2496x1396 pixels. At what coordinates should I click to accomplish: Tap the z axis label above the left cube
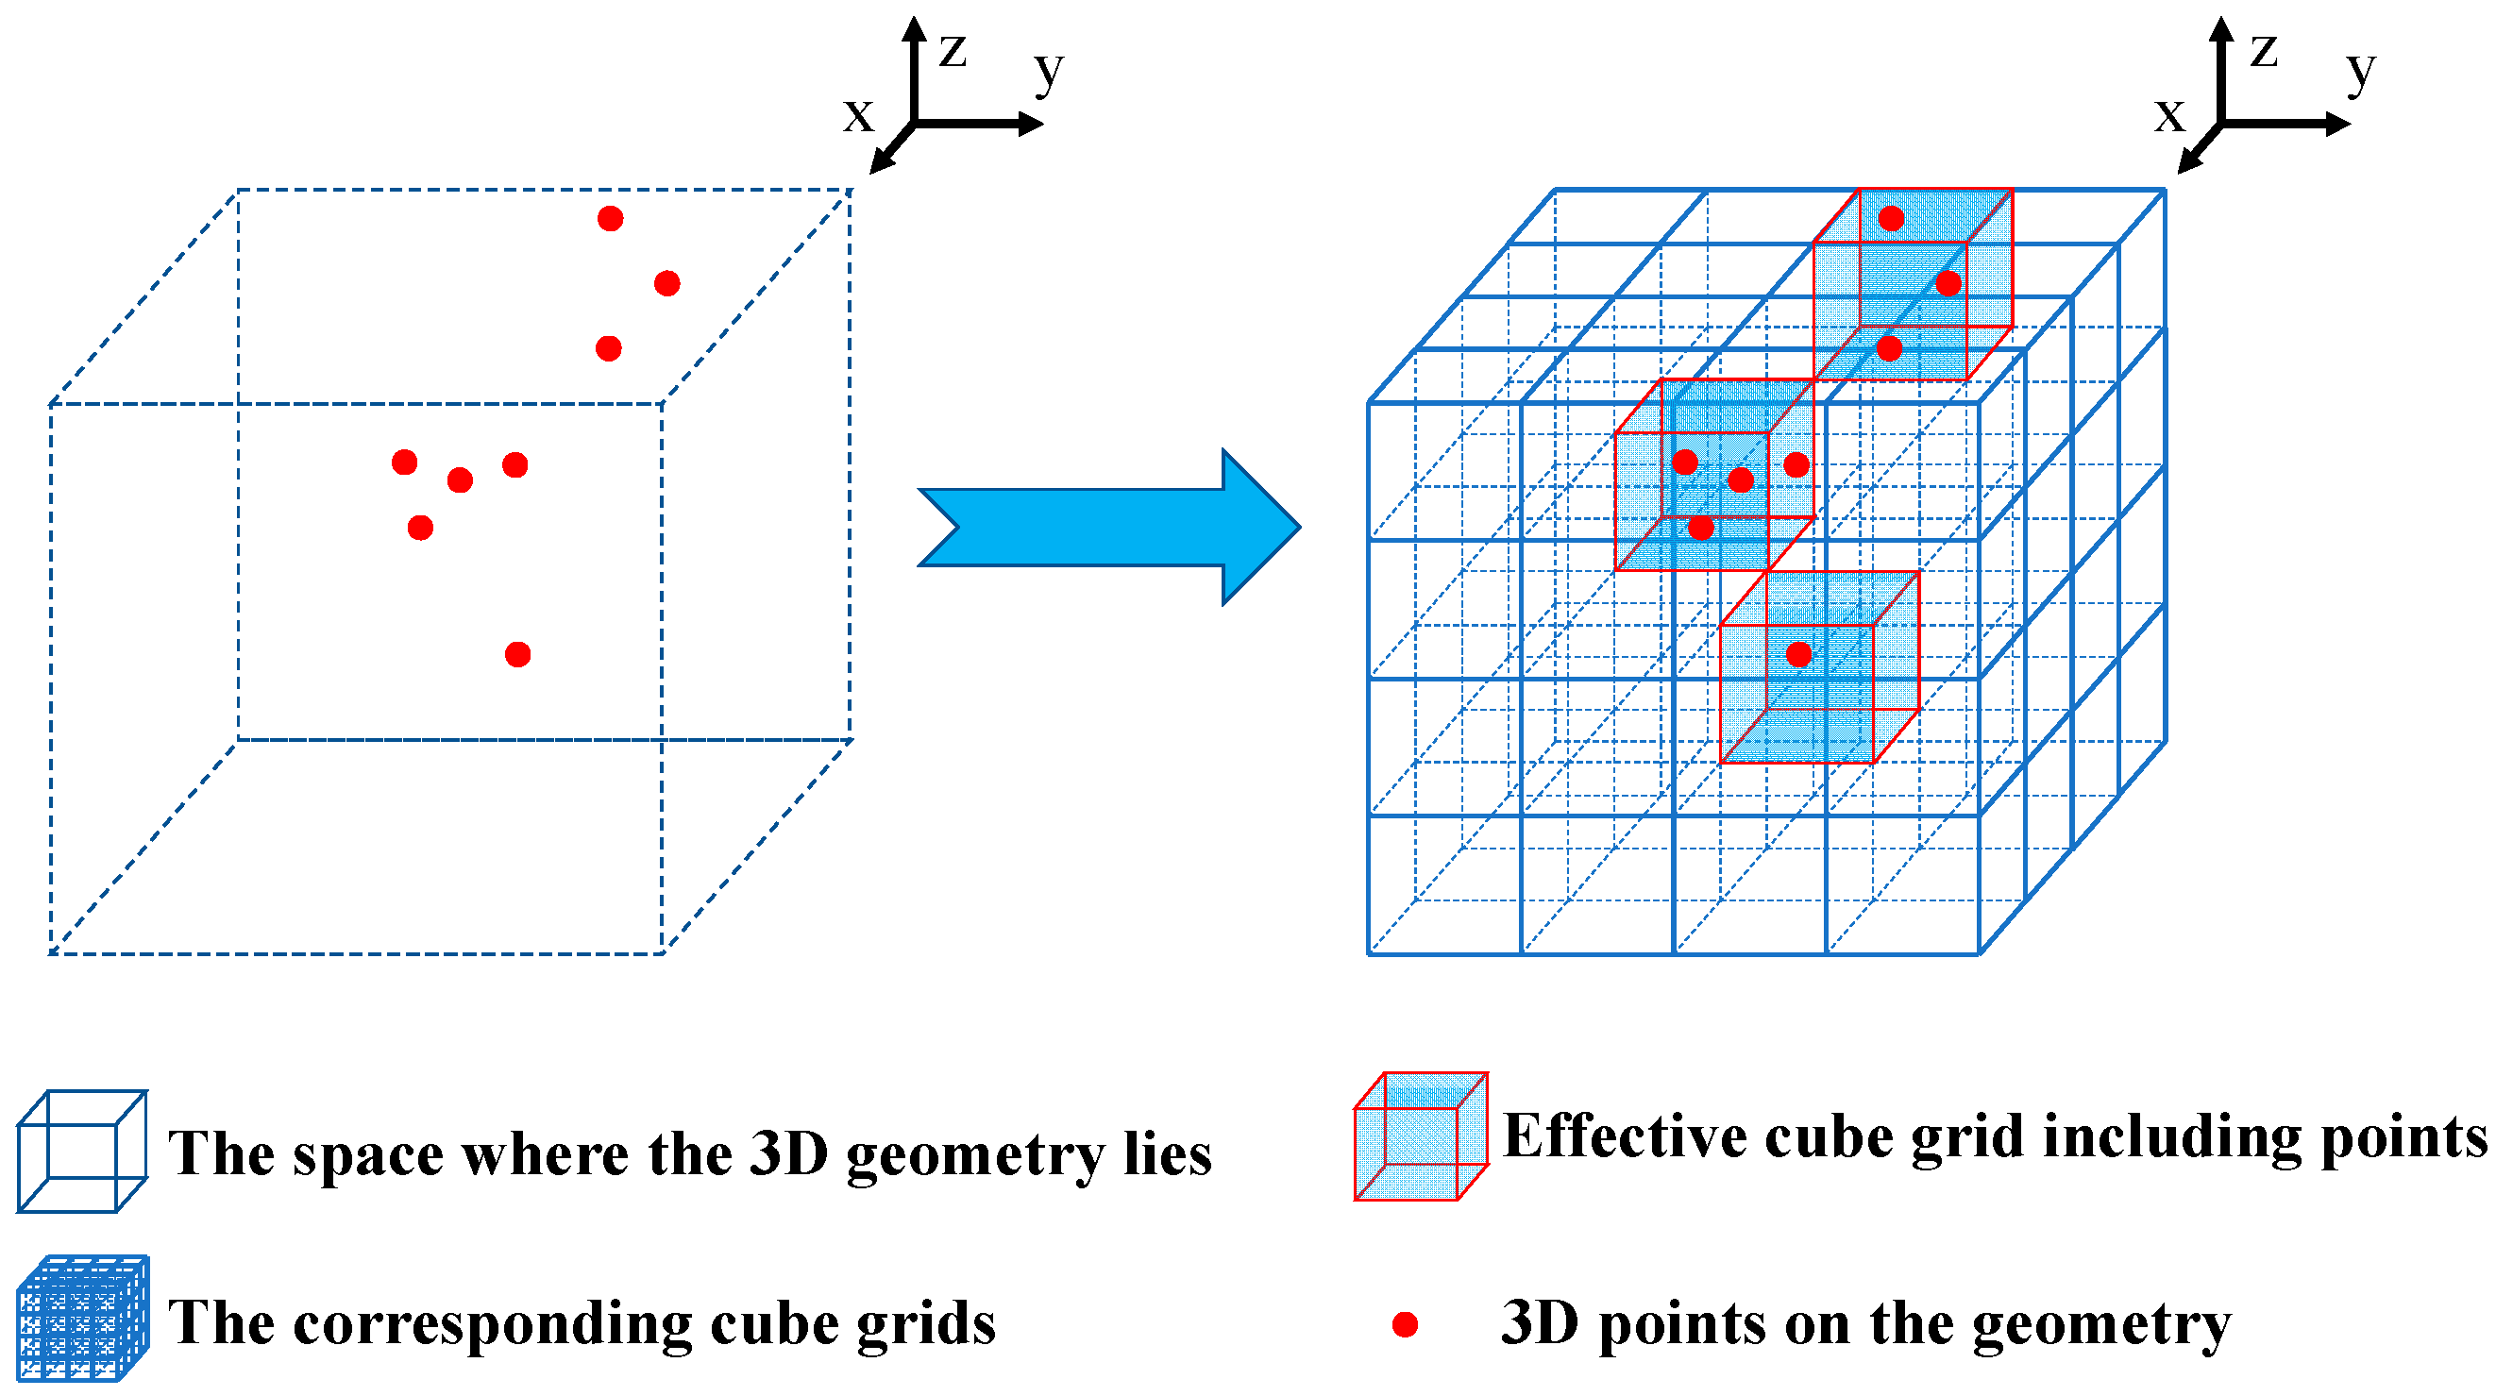(x=953, y=49)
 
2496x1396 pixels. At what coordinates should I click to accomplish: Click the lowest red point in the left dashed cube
(x=518, y=655)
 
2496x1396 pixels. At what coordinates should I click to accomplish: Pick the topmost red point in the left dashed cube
(x=611, y=219)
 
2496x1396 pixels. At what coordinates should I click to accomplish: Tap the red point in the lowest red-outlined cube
(x=1799, y=655)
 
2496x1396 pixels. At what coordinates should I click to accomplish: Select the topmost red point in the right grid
(x=1892, y=219)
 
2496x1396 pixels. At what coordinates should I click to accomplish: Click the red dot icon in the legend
(x=1405, y=1324)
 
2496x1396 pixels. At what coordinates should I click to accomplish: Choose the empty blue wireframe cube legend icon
(x=82, y=1151)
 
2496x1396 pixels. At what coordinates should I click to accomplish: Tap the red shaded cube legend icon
(x=1421, y=1135)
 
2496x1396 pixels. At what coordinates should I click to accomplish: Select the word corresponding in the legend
(x=493, y=1325)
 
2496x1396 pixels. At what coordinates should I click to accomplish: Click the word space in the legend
(x=367, y=1154)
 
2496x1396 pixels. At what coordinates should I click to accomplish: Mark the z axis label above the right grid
(x=2264, y=49)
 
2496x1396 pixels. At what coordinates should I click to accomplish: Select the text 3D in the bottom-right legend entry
(x=1541, y=1323)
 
